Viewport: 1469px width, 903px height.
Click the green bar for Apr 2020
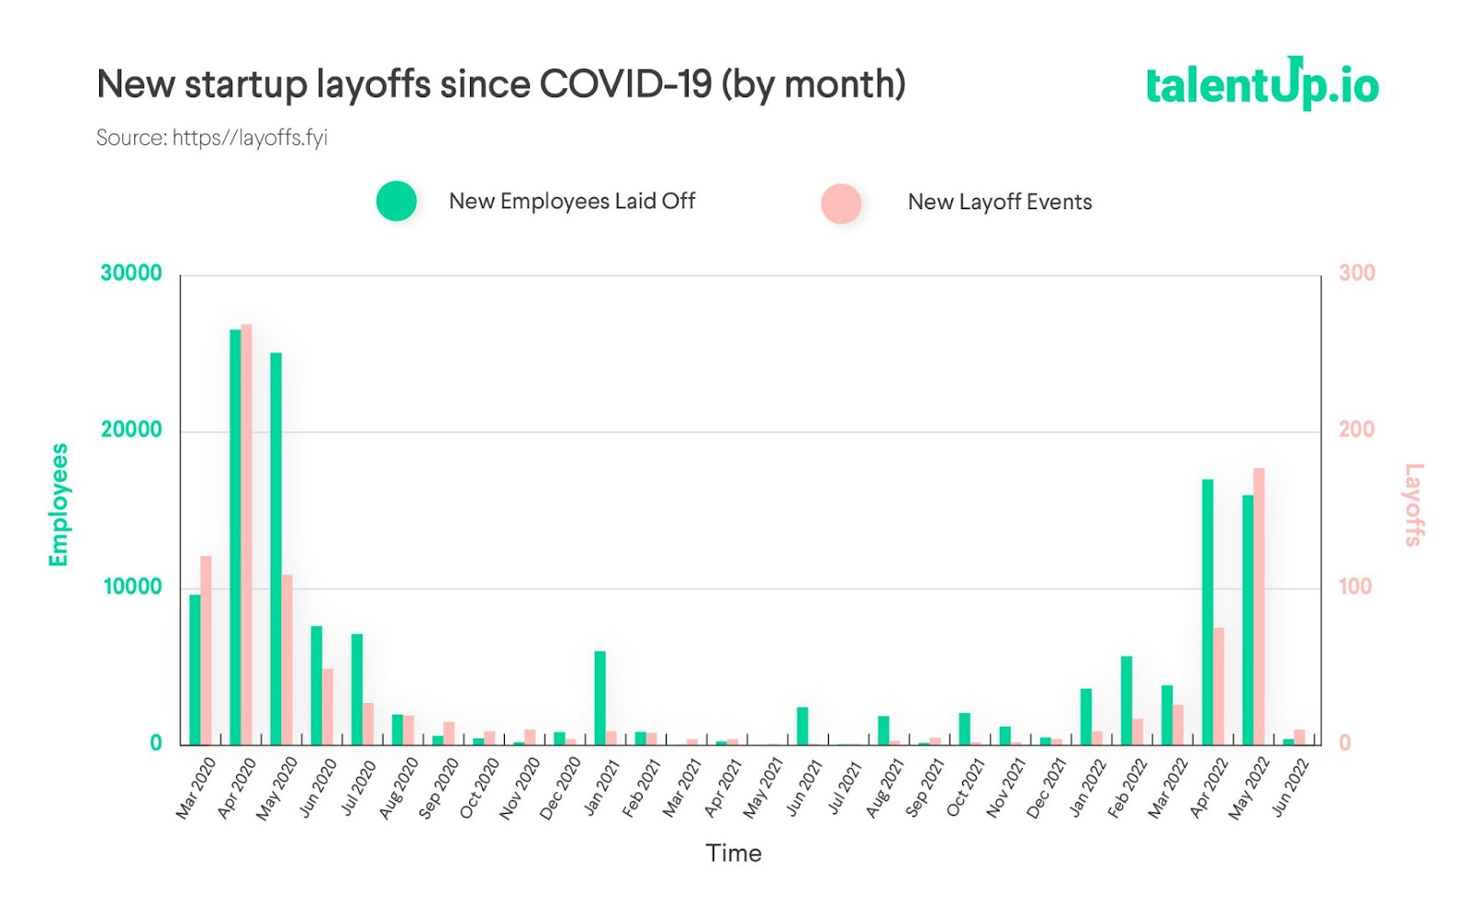pos(235,537)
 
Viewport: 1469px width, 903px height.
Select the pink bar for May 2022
pos(1259,606)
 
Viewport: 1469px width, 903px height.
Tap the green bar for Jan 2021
pos(600,697)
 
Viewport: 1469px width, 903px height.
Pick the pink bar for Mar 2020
pos(206,650)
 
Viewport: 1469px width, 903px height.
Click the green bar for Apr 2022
pos(1207,611)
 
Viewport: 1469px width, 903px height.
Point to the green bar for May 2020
pos(275,548)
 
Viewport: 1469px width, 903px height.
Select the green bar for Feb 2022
pos(1126,699)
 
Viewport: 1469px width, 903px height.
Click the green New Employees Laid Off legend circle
pos(397,201)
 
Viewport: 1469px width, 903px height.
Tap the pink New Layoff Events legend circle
pos(841,203)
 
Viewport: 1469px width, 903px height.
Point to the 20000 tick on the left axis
pos(131,429)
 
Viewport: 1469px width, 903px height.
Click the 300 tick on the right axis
pos(1356,273)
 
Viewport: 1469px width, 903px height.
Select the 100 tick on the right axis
pos(1354,586)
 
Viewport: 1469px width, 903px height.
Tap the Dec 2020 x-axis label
pos(560,787)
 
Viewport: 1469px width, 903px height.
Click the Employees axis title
pos(59,505)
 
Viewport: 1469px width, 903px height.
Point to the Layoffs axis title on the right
pos(1414,505)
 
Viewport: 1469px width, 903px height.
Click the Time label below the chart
pos(734,853)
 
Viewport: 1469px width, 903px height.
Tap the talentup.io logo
pos(1262,84)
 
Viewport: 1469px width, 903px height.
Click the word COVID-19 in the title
pos(625,84)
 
